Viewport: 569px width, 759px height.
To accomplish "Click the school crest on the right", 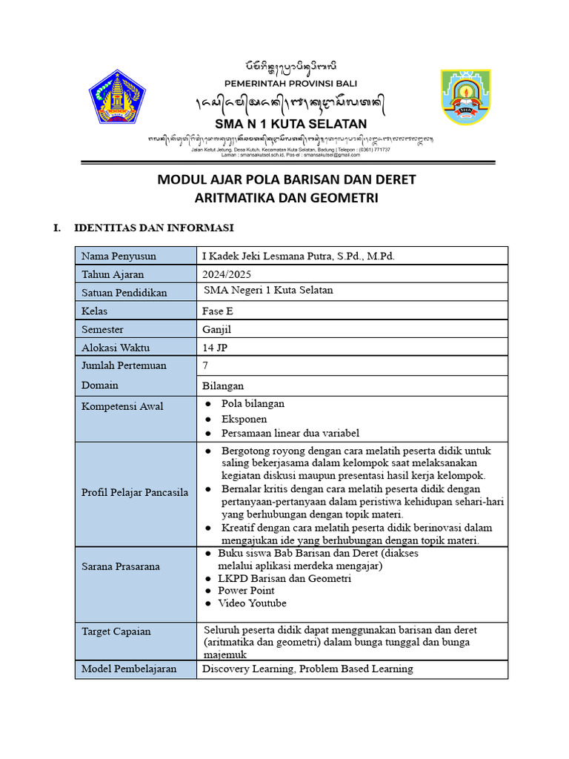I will [x=465, y=99].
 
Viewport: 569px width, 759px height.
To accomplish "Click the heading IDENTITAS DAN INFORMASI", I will [x=154, y=228].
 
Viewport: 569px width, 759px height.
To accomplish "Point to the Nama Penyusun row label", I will [x=119, y=256].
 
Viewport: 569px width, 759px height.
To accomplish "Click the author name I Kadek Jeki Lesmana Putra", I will [x=299, y=256].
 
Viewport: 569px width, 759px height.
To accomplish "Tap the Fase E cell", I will [x=217, y=311].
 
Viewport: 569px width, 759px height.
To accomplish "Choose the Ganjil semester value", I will [x=217, y=329].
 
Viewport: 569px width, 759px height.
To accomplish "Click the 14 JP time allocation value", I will [x=215, y=347].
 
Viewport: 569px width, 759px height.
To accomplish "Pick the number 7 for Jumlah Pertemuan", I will [x=205, y=365].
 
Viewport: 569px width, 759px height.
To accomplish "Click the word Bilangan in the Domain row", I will [x=223, y=385].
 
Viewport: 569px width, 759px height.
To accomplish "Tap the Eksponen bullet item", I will [x=244, y=419].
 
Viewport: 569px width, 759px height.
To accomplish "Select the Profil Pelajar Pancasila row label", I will [x=135, y=492].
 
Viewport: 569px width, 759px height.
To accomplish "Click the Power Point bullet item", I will [x=246, y=591].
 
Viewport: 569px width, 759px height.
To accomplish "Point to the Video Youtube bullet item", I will [x=252, y=603].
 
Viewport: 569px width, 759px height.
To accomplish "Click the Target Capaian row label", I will [x=116, y=632].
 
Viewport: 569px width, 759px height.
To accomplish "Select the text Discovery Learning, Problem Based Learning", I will [x=307, y=669].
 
